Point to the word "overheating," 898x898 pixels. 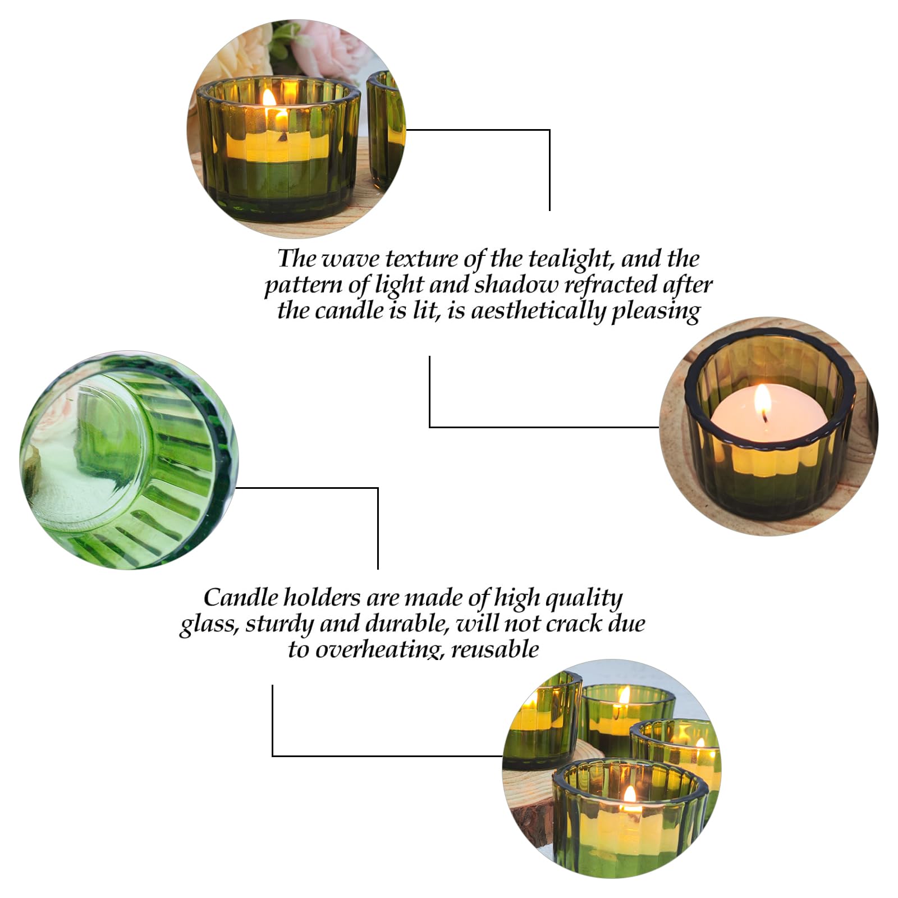[x=380, y=650]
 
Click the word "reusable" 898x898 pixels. [x=495, y=650]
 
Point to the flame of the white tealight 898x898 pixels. [x=762, y=400]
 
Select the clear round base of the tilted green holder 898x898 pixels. [x=84, y=443]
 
